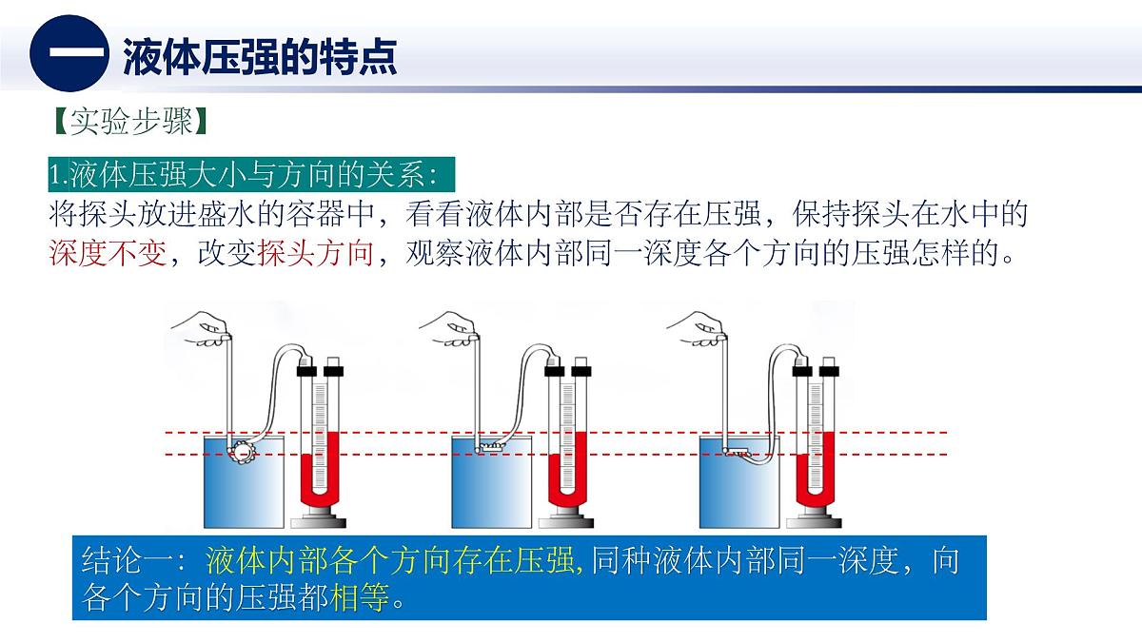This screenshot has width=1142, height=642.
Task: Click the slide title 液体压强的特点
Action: coord(259,57)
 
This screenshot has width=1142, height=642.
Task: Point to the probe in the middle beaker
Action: coord(490,445)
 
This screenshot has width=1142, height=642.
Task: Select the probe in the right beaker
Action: coord(738,453)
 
